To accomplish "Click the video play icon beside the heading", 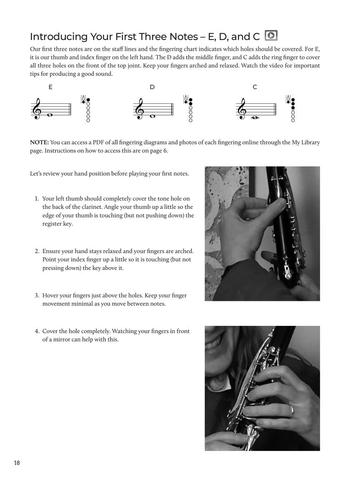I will point(271,36).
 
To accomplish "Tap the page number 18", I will point(17,463).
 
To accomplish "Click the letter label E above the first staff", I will point(50,87).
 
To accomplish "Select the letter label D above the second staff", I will point(152,87).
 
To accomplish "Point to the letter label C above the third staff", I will point(255,87).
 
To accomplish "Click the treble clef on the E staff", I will point(37,110).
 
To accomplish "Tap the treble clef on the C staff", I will point(242,110).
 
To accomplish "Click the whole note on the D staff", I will point(152,116).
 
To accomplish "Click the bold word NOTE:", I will point(39,142).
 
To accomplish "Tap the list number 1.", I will point(37,199).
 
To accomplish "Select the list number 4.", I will point(37,331).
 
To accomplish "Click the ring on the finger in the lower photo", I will point(292,410).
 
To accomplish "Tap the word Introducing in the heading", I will point(58,37).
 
